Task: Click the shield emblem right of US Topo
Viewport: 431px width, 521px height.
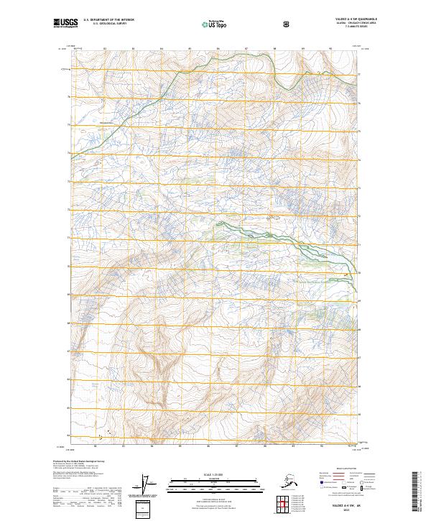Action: (x=287, y=24)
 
